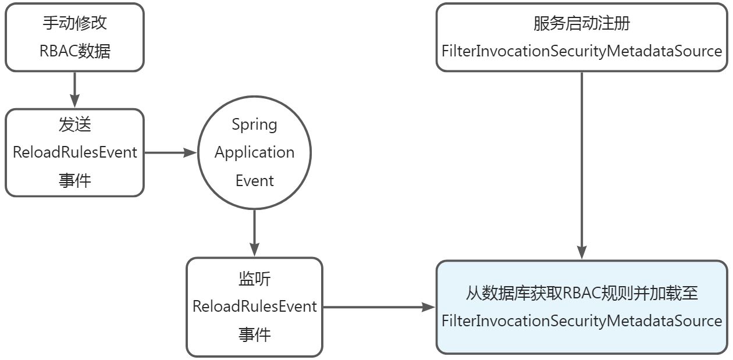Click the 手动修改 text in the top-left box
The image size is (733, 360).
74,23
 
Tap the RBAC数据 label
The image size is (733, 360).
74,51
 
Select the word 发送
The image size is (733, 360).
74,124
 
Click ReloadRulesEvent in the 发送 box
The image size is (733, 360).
74,152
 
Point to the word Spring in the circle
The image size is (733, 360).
254,124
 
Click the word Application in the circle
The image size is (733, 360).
254,152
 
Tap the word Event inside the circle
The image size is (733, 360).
254,180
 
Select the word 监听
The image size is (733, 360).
254,279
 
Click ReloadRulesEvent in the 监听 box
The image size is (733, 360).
254,306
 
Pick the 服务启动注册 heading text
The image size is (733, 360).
582,23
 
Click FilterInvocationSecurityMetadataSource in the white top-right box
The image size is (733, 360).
582,51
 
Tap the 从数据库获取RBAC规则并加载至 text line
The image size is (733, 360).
582,293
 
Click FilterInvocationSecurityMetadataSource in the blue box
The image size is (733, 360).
582,321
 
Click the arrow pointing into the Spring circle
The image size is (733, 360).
170,152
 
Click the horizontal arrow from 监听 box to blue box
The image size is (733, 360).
378,306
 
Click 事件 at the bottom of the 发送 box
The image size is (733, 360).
74,180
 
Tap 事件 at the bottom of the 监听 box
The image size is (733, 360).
254,334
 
